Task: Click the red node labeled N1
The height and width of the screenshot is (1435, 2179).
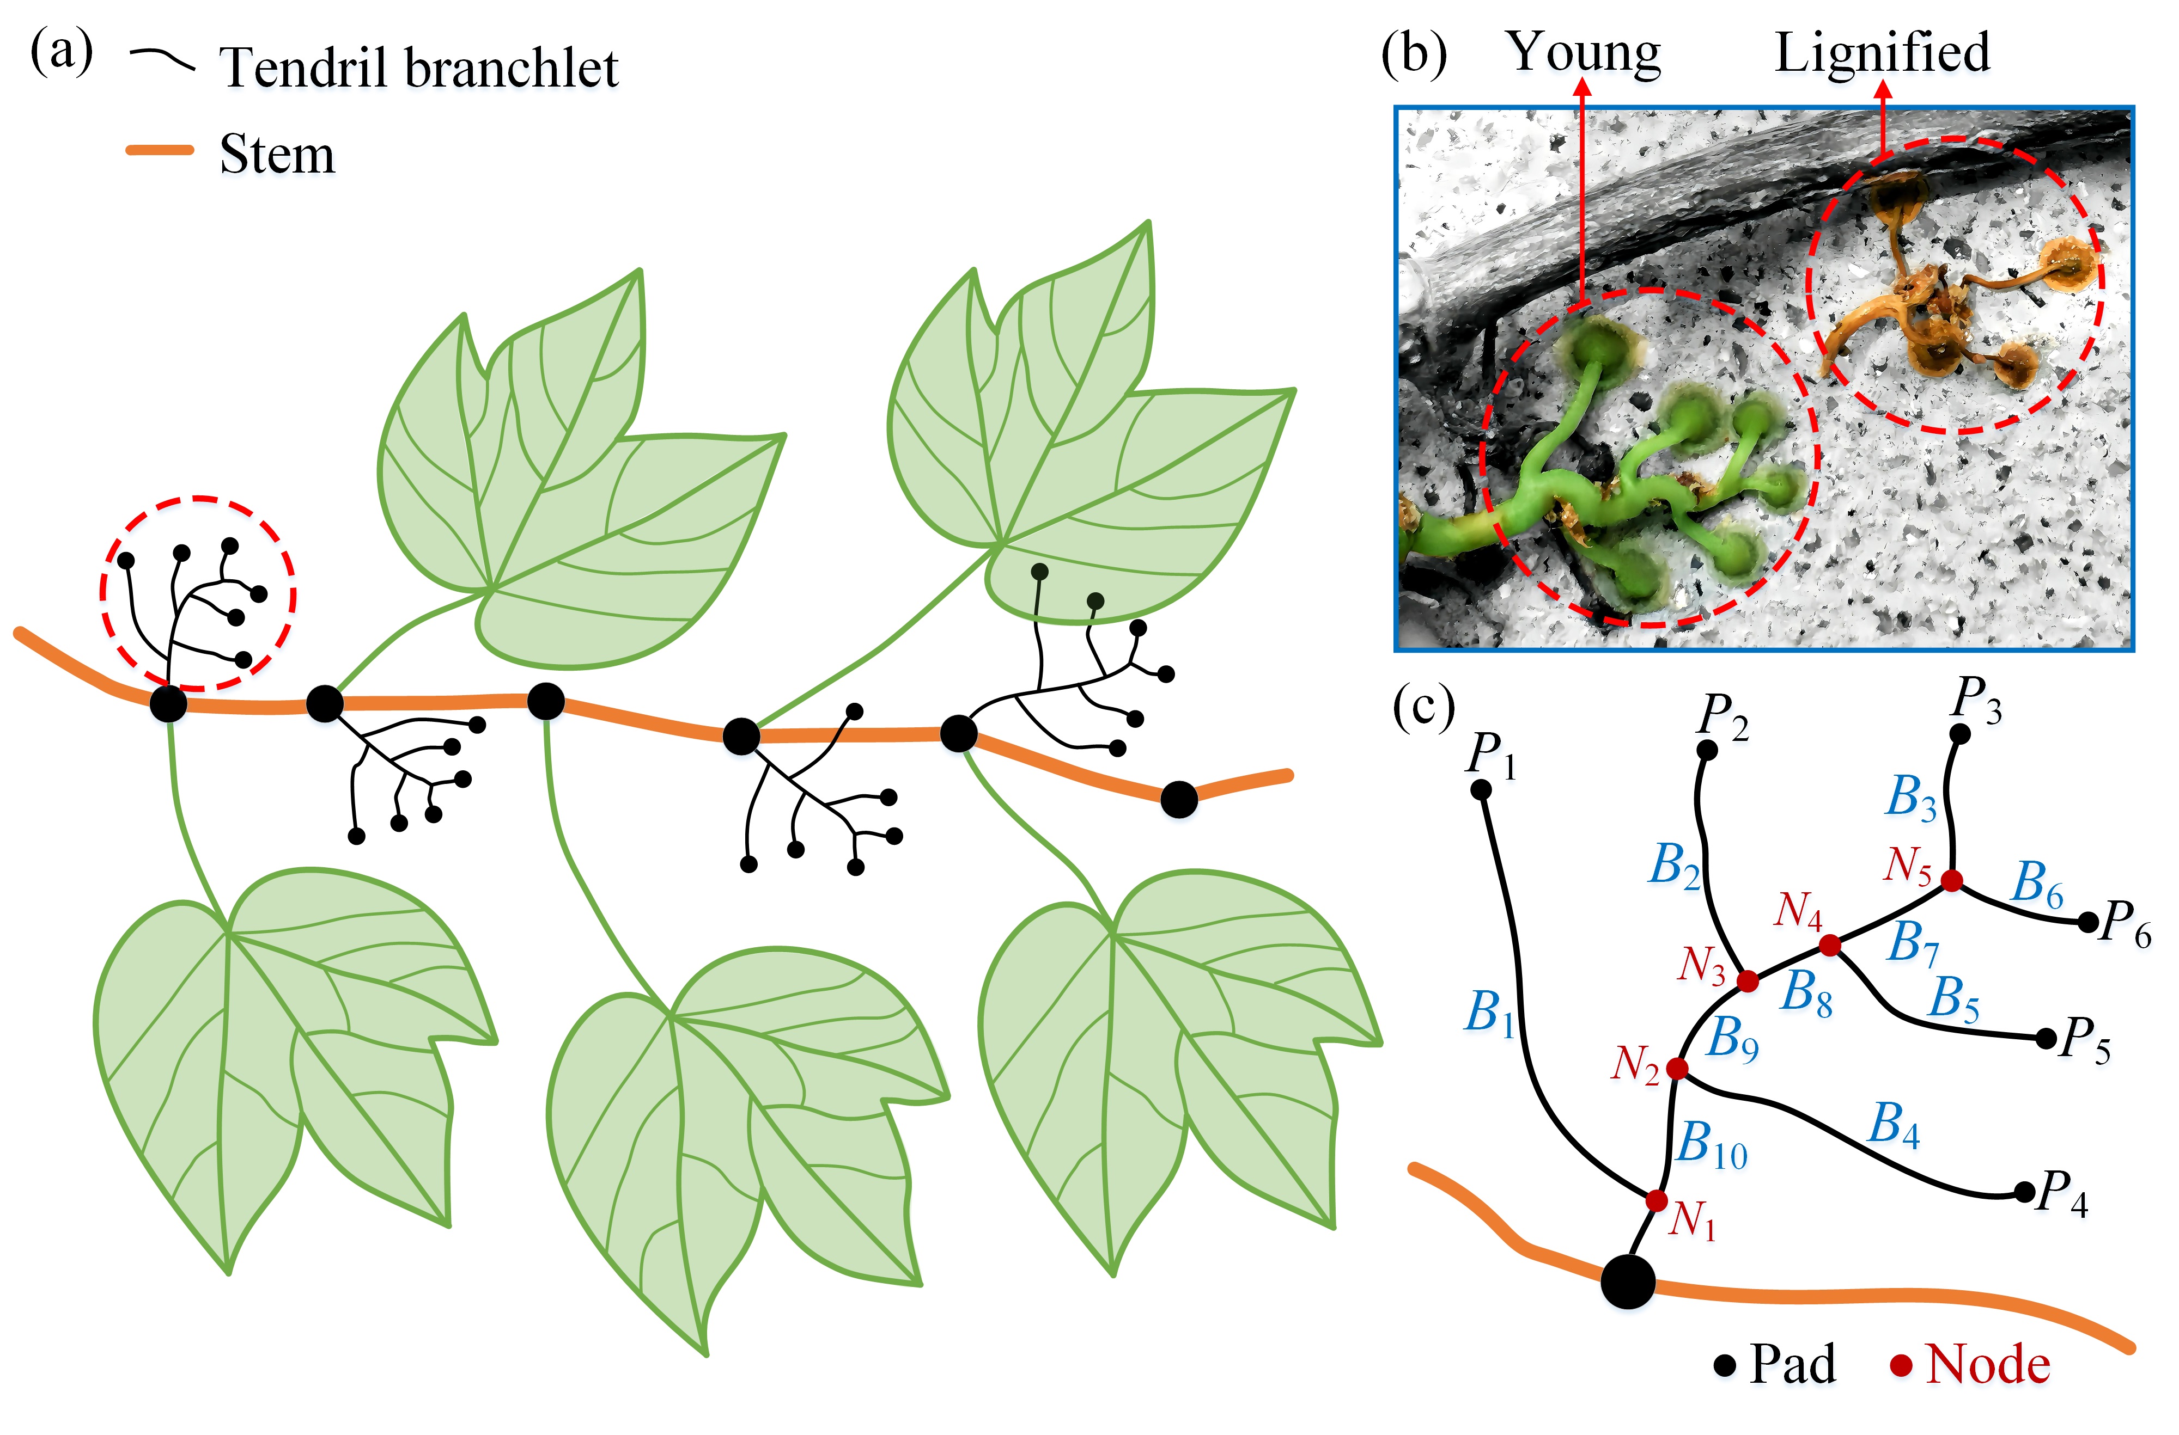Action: (x=1655, y=1200)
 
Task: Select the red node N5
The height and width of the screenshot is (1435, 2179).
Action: (x=1951, y=880)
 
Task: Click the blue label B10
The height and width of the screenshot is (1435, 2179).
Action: (x=1710, y=1146)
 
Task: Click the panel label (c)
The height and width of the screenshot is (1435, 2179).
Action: (x=1423, y=707)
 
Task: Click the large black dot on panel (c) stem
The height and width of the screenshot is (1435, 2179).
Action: (x=1628, y=1281)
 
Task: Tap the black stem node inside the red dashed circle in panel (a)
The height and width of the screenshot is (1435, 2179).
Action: (x=168, y=704)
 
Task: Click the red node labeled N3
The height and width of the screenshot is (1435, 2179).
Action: (x=1747, y=981)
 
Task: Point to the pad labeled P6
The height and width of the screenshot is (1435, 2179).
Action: (x=2087, y=923)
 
